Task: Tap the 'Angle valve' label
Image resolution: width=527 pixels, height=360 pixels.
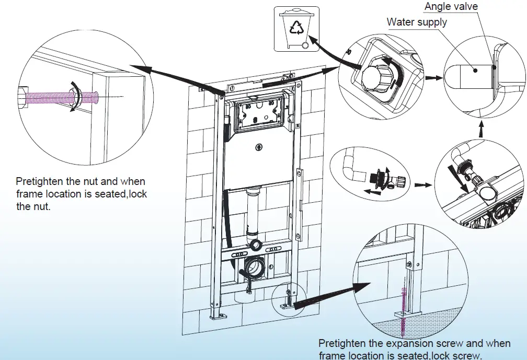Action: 451,7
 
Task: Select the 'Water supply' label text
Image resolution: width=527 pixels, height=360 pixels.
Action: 417,22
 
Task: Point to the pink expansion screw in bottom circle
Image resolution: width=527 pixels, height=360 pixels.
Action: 403,308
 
